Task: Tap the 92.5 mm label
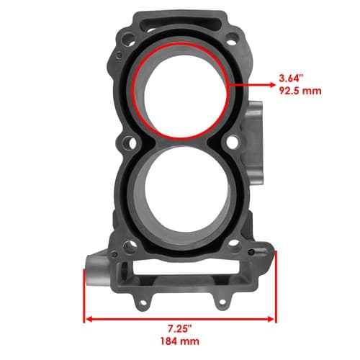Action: click(x=300, y=91)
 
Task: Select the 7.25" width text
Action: click(x=180, y=328)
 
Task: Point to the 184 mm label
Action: click(x=180, y=341)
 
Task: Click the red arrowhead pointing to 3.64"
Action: click(x=272, y=85)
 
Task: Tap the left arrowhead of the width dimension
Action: click(x=89, y=319)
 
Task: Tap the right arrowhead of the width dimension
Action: click(x=271, y=319)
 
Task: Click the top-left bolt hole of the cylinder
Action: click(x=128, y=38)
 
